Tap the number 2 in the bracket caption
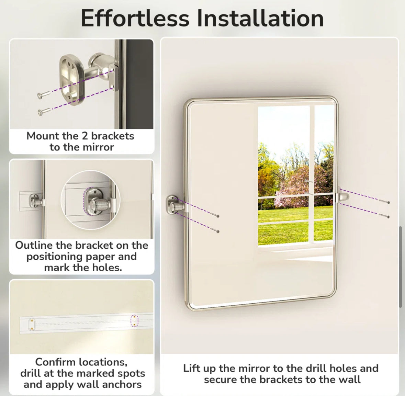(x=85, y=136)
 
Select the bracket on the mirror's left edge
(x=175, y=205)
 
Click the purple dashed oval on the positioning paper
(x=134, y=321)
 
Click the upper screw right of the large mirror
(x=384, y=202)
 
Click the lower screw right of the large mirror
(x=384, y=215)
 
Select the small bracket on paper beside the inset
(x=35, y=200)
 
